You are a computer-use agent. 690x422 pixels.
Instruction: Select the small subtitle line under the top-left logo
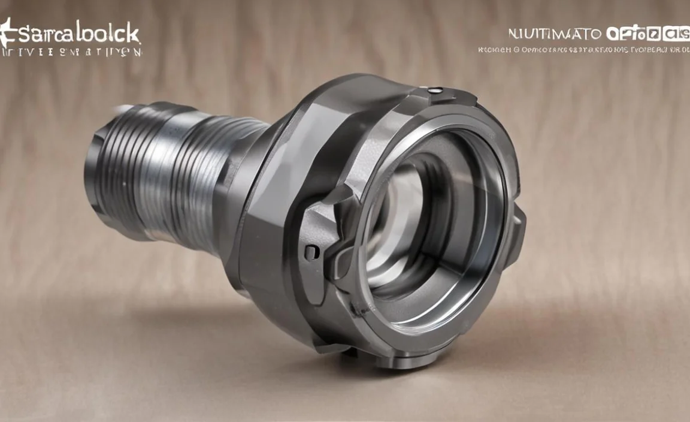coord(72,52)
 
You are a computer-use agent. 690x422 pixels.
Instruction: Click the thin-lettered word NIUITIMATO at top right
coord(555,34)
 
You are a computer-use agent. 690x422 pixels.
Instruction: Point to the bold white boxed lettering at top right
coord(647,34)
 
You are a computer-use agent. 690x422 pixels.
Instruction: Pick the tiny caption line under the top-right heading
coord(584,50)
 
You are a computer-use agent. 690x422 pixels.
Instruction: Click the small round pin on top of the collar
coord(437,91)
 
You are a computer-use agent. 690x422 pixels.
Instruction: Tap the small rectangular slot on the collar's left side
coord(311,252)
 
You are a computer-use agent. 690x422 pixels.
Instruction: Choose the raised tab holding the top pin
coord(446,96)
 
